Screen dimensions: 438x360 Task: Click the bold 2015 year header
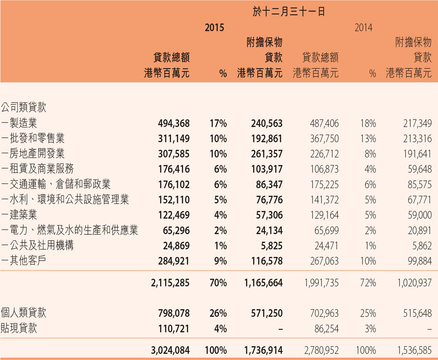214,27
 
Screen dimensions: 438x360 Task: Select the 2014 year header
363,27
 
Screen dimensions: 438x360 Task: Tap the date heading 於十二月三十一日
288,12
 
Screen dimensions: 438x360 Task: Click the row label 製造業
23,123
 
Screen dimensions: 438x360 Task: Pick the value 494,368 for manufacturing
174,123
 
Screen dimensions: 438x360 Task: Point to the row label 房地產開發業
37,153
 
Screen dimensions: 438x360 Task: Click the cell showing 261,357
267,154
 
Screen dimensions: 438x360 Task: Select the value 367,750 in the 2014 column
324,138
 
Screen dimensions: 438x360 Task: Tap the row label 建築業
23,215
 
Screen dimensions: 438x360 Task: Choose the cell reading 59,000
419,215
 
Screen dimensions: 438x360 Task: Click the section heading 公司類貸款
23,107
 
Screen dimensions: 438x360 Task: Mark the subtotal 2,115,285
170,283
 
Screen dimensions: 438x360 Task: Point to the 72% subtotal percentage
368,283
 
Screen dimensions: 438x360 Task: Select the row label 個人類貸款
23,313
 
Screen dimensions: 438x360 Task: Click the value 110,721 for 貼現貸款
174,329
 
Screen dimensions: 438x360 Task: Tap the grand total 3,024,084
170,350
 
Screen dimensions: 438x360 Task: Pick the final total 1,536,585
415,350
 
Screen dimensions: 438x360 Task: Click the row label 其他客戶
27,260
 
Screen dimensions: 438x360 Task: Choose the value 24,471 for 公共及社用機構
326,246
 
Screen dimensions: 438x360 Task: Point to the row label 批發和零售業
37,138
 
